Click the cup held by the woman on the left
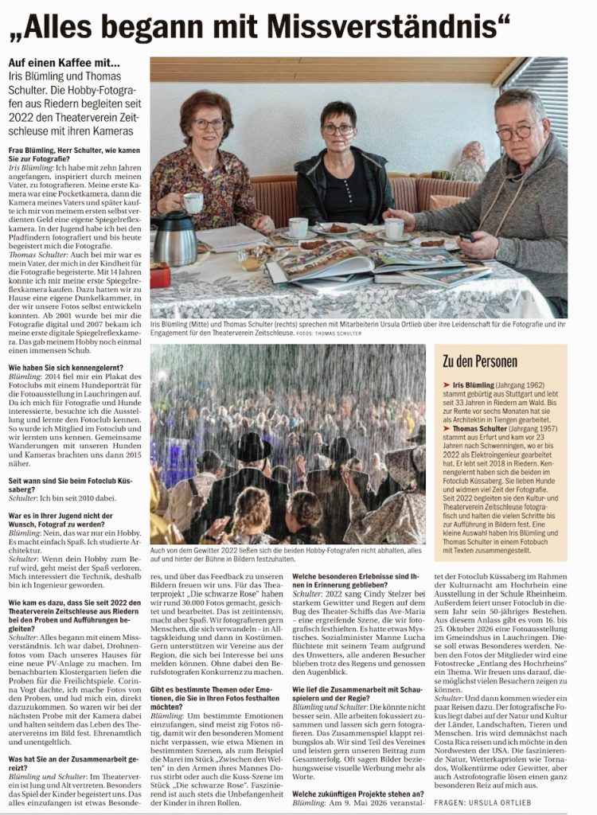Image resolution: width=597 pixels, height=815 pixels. pyautogui.click(x=193, y=204)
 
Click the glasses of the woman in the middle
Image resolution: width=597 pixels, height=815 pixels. pyautogui.click(x=338, y=129)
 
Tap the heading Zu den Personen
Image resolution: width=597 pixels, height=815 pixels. pyautogui.click(x=480, y=361)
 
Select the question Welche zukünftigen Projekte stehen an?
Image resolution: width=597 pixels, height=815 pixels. pyautogui.click(x=358, y=794)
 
